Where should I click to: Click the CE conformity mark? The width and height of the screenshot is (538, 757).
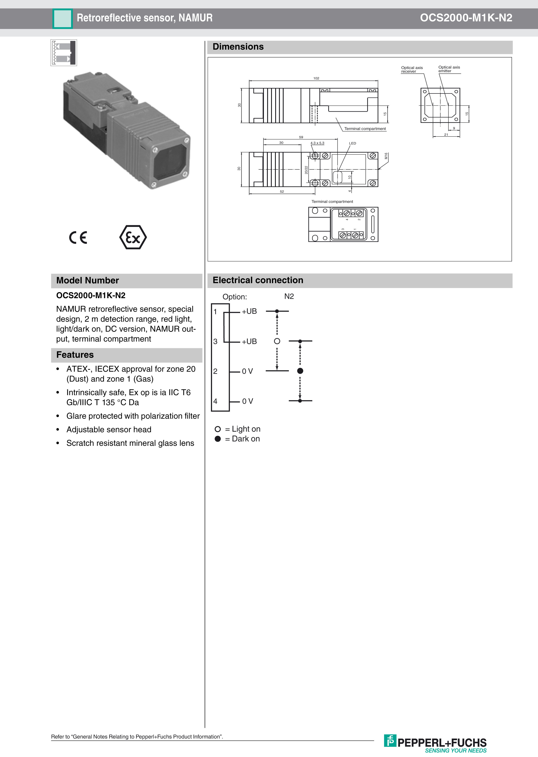78,237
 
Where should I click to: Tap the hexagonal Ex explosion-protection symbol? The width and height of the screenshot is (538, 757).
133,237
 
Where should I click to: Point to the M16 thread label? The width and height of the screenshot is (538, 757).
386,156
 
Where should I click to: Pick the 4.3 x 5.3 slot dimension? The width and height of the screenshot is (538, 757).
317,143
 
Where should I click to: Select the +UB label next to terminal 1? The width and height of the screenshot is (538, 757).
249,311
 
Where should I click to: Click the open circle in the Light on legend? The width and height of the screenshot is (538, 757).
218,429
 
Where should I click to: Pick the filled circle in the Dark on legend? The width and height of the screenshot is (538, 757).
218,439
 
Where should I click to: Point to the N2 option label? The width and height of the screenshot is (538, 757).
289,296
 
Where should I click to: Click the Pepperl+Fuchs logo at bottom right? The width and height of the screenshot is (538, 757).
436,743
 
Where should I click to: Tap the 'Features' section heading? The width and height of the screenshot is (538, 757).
75,355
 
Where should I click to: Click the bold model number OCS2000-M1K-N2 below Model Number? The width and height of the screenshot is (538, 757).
91,295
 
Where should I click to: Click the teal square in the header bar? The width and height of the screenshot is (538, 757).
62,18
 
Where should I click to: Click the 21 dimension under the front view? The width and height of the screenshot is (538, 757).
446,135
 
